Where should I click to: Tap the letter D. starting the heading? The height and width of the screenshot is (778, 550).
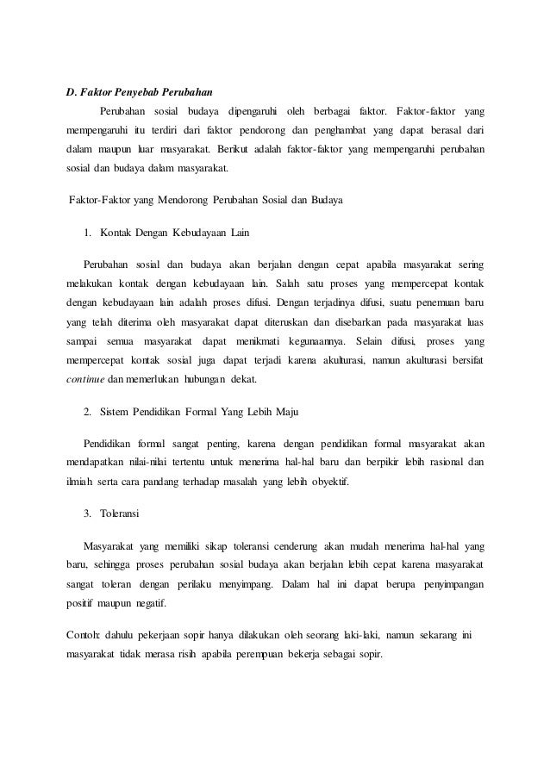72,91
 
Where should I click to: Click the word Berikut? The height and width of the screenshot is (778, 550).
251,149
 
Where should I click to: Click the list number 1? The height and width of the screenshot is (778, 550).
87,233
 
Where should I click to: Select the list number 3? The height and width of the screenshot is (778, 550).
87,514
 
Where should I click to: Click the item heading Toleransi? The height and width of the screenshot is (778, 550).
122,514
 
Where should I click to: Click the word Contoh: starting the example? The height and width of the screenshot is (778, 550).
84,635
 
